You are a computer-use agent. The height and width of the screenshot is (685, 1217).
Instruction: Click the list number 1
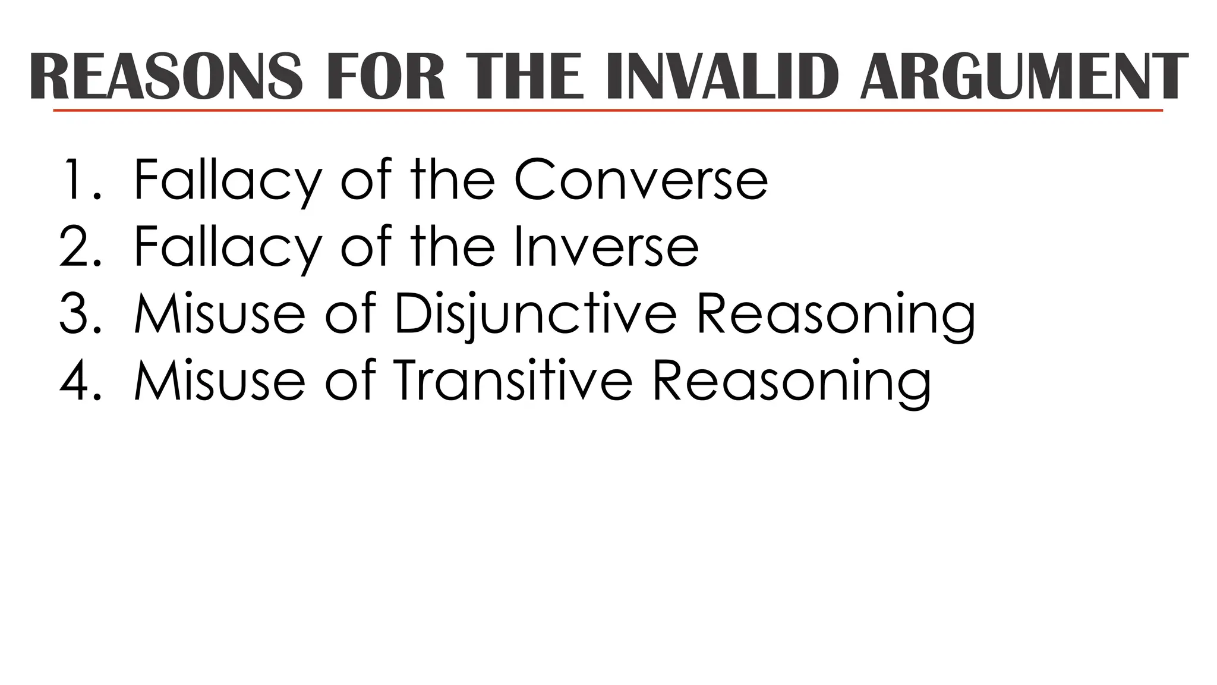(78, 180)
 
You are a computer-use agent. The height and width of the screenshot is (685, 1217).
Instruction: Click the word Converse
(641, 180)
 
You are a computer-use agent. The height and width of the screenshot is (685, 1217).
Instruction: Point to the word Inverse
(606, 246)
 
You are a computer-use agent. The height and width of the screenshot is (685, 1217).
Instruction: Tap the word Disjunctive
(535, 313)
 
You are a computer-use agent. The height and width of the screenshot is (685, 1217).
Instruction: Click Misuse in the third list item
(220, 313)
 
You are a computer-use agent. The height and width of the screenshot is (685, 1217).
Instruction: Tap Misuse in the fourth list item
(220, 381)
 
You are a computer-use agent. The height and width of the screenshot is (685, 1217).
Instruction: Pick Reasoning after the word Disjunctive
(835, 315)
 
